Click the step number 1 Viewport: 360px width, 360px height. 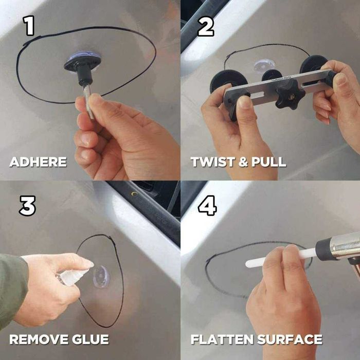(x=29, y=26)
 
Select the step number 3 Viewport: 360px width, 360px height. (x=27, y=206)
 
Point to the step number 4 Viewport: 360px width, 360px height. (x=207, y=206)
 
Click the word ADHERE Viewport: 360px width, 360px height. (x=38, y=162)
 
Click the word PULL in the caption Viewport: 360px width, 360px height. (x=269, y=162)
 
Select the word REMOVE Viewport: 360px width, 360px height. (x=39, y=339)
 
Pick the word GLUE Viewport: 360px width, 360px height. (x=90, y=339)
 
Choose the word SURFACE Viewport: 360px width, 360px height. (x=290, y=339)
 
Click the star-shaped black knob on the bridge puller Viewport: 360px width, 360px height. (x=290, y=97)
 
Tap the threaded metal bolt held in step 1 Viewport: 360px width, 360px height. (x=89, y=102)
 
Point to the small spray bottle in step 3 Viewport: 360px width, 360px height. (x=73, y=276)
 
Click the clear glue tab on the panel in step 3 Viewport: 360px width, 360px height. (x=101, y=277)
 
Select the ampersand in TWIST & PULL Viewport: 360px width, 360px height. (x=243, y=162)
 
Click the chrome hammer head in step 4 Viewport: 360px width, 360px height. (x=338, y=248)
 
